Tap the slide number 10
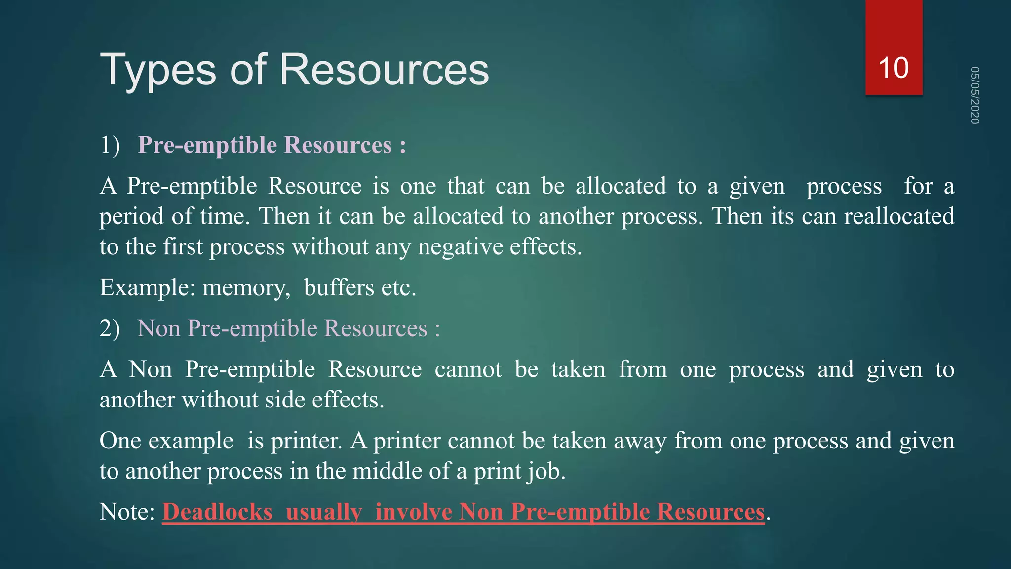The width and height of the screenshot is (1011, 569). click(x=894, y=68)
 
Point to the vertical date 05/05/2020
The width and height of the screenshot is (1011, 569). click(x=974, y=95)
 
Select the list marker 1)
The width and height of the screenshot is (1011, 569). click(x=110, y=145)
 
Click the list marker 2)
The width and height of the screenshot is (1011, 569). click(x=110, y=328)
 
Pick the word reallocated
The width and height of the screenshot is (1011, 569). click(x=899, y=216)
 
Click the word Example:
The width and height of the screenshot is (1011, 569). click(x=148, y=287)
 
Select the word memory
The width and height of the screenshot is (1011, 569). click(x=246, y=287)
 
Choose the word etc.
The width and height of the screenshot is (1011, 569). click(x=398, y=287)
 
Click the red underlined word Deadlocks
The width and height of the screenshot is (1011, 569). click(x=217, y=512)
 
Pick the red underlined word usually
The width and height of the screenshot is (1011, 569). click(x=324, y=512)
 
